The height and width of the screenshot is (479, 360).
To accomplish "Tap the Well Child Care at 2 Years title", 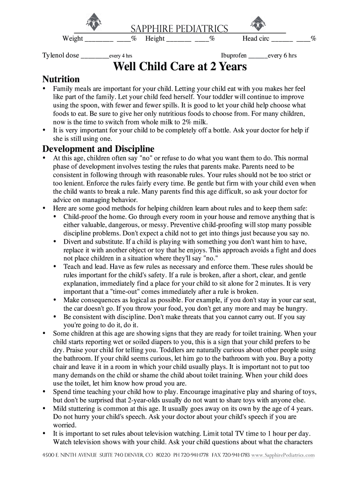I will pyautogui.click(x=180, y=67).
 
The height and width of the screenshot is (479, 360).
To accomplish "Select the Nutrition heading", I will pyautogui.click(x=61, y=79).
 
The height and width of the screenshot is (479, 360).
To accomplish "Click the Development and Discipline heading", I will pyautogui.click(x=98, y=149).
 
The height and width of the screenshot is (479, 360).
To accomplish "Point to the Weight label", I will pyautogui.click(x=73, y=39).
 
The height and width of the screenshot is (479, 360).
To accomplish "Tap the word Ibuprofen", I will pyautogui.click(x=234, y=56).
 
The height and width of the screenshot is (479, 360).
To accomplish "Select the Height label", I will pyautogui.click(x=155, y=39).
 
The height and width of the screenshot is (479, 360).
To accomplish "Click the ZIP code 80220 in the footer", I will pyautogui.click(x=163, y=455).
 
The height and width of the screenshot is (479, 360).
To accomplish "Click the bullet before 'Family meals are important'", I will pyautogui.click(x=44, y=88).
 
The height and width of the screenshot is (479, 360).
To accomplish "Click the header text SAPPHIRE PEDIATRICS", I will pyautogui.click(x=179, y=29).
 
